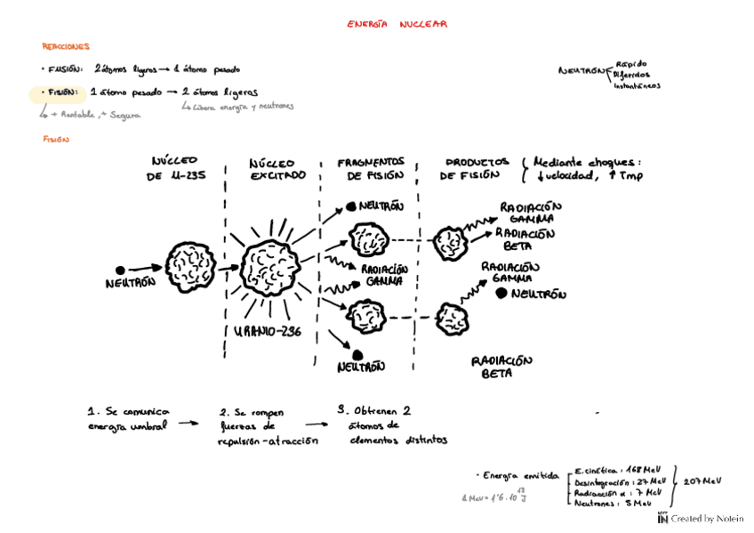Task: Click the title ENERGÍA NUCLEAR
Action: click(x=397, y=25)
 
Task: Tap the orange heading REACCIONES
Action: click(x=66, y=46)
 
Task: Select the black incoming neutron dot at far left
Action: click(x=120, y=269)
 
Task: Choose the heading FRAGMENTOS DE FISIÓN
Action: click(x=371, y=168)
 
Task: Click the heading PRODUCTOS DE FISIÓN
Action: click(x=477, y=168)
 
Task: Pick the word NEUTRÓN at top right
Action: click(x=581, y=71)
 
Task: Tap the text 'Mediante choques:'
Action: click(x=586, y=162)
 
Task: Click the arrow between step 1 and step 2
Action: click(x=187, y=424)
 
